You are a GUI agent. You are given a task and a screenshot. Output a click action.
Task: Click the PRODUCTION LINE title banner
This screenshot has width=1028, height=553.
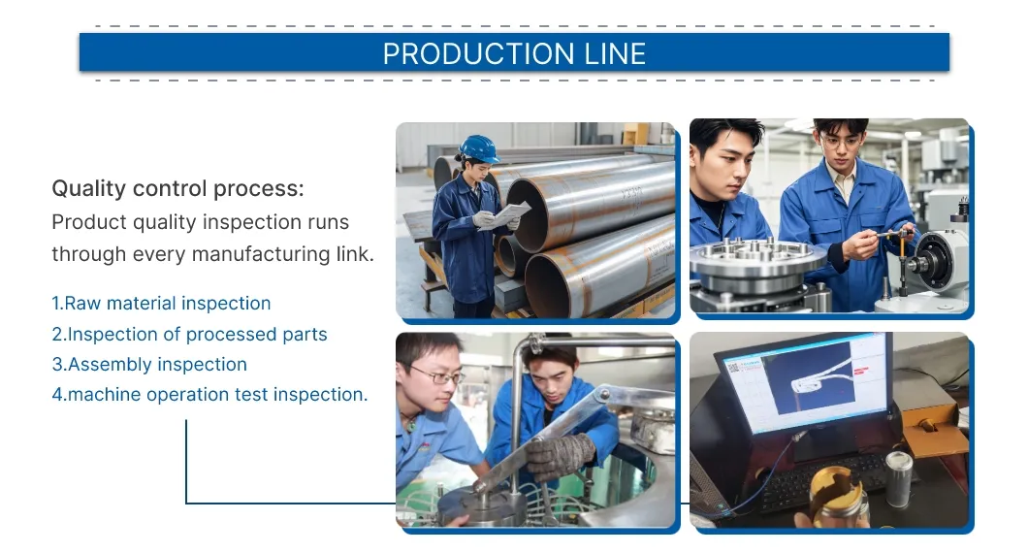point(514,52)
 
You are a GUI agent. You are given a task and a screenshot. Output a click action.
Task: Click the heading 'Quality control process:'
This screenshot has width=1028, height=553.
point(177,188)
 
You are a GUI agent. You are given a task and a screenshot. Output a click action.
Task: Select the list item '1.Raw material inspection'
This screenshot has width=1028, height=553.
point(161,304)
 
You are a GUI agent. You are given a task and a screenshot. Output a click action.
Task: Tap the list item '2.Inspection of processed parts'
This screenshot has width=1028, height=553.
point(189,335)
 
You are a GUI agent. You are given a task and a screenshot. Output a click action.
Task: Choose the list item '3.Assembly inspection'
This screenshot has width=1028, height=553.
point(149,365)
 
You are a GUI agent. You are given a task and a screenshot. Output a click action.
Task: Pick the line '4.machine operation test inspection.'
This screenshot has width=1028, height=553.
point(209,395)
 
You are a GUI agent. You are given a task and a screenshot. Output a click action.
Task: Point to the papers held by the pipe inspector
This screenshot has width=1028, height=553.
point(506,215)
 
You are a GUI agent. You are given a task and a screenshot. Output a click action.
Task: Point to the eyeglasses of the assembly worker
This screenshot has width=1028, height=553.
point(436,374)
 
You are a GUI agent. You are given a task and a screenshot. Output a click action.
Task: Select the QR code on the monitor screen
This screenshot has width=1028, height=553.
point(733,368)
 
